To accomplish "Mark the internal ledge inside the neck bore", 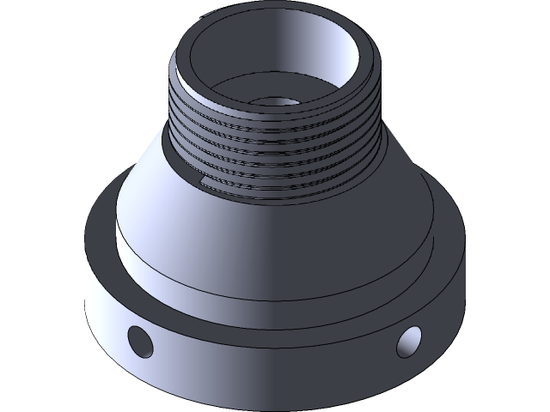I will [x=232, y=94].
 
